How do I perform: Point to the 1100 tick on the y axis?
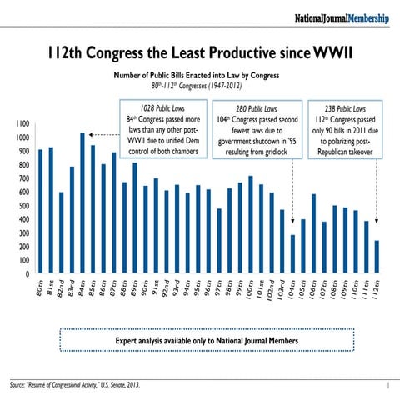pos(21,124)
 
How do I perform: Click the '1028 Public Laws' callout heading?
pos(162,108)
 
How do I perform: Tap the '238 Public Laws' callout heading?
pos(344,108)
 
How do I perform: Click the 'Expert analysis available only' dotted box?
pos(199,340)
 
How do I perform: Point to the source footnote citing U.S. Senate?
pos(75,385)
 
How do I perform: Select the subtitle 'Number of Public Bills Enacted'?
pos(199,76)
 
